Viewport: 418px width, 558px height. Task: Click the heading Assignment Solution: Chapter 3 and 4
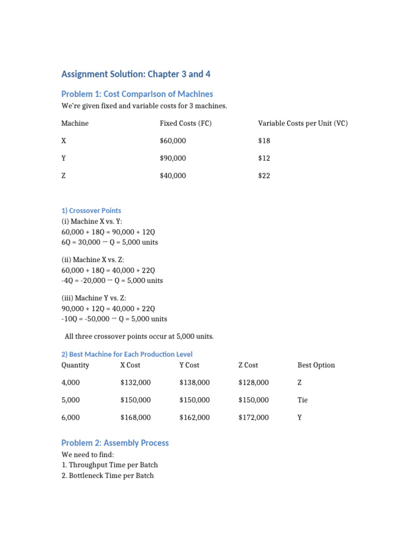click(x=136, y=74)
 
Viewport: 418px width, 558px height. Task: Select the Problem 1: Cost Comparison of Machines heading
click(x=137, y=94)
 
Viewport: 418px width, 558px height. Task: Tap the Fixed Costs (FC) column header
click(x=186, y=123)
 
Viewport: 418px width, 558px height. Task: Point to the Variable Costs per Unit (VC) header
click(x=303, y=123)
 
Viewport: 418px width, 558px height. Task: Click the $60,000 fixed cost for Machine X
click(x=173, y=141)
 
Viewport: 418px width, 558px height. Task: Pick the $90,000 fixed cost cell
click(x=173, y=158)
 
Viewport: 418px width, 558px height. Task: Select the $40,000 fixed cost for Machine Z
click(x=173, y=175)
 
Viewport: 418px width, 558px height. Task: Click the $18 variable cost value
click(x=264, y=141)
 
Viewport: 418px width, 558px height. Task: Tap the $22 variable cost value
click(x=264, y=175)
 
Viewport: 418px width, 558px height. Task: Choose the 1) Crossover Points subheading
click(x=91, y=210)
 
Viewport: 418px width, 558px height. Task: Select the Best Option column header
click(x=316, y=365)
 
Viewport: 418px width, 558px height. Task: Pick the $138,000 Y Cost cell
click(x=194, y=383)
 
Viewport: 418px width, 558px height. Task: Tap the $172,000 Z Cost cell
click(x=254, y=417)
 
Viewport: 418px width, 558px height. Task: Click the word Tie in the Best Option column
click(x=303, y=400)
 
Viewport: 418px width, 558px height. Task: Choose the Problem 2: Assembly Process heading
click(x=115, y=442)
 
